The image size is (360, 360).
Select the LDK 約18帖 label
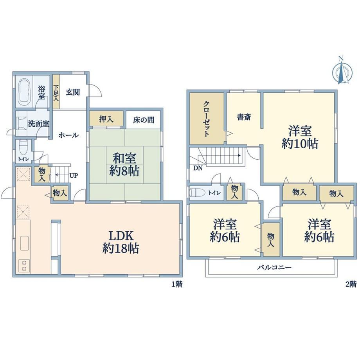click(x=121, y=242)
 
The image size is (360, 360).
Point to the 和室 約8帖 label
click(x=124, y=165)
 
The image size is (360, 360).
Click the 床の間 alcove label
click(x=144, y=120)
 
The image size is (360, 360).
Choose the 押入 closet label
click(x=106, y=119)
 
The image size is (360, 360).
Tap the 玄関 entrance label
click(x=73, y=92)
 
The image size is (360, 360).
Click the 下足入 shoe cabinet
click(x=56, y=93)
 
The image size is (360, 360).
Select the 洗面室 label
click(x=38, y=124)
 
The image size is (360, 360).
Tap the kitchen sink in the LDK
click(x=24, y=243)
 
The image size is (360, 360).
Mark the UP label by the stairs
click(x=74, y=176)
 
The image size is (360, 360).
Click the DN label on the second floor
click(x=198, y=168)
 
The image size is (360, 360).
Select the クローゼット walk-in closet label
click(x=206, y=119)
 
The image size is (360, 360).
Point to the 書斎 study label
click(x=244, y=117)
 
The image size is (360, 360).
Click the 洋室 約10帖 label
click(x=300, y=137)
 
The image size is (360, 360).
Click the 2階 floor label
click(x=351, y=284)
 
